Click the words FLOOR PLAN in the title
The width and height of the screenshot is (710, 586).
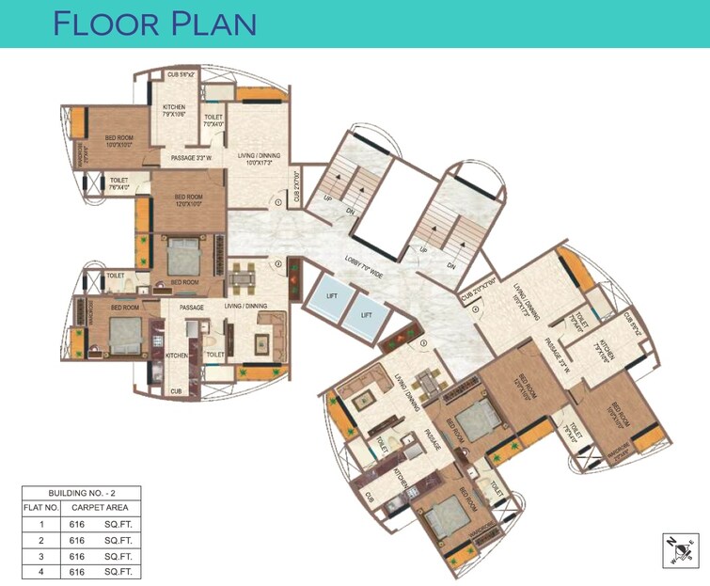coord(155,23)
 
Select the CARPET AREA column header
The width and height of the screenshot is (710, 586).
coord(100,507)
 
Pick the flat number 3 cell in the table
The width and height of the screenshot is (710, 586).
coord(40,556)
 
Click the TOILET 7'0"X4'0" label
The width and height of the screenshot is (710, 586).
coord(213,119)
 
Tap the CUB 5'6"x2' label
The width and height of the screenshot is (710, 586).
coord(181,75)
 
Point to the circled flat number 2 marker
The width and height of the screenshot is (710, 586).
coord(278,265)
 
